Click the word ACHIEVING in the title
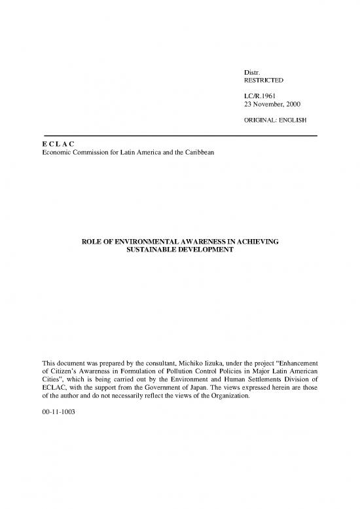click(x=257, y=242)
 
